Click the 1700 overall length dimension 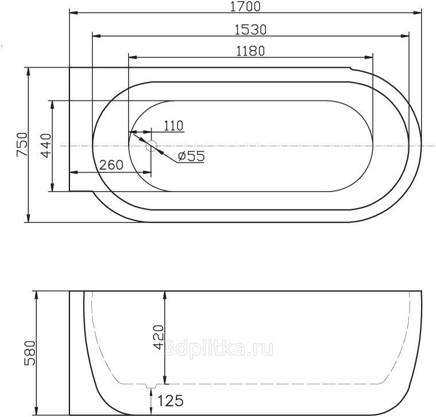click(x=245, y=6)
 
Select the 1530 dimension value click(x=250, y=30)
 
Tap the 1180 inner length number click(x=250, y=51)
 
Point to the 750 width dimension click(x=22, y=145)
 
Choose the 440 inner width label click(x=47, y=146)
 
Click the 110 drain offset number click(x=173, y=126)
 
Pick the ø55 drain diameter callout click(x=191, y=156)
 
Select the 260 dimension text click(x=111, y=165)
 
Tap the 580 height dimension click(x=30, y=353)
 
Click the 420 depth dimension click(x=159, y=337)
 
